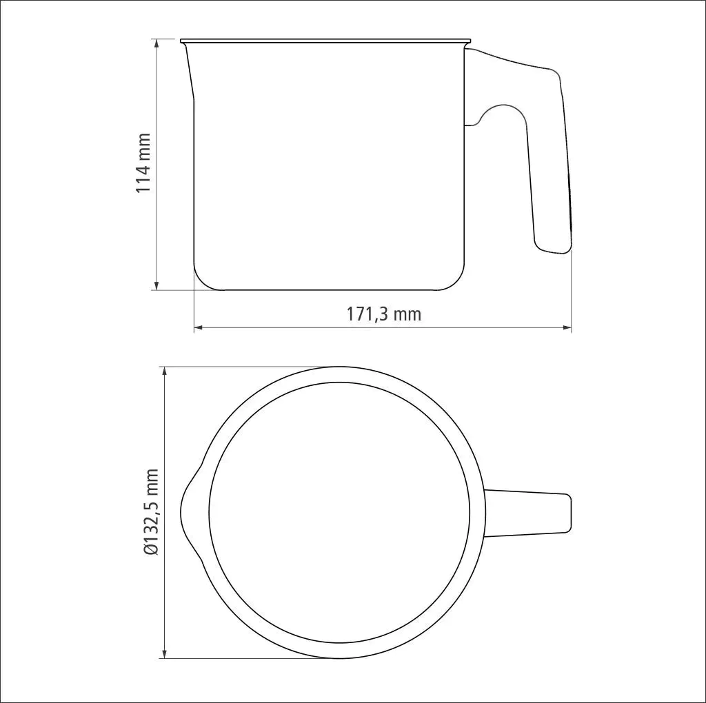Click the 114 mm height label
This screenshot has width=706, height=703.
[x=143, y=163]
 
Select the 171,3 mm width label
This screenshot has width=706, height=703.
[x=383, y=314]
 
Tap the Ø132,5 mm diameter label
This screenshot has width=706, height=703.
[x=152, y=511]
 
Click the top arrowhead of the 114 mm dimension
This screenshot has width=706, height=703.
[x=157, y=43]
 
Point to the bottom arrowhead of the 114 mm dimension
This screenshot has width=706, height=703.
[x=157, y=285]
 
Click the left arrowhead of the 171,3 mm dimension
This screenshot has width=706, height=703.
[x=199, y=327]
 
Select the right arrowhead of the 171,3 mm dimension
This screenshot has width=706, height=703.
[x=567, y=327]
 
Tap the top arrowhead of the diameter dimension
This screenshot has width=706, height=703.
[x=165, y=371]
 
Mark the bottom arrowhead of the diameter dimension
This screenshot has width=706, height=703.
[x=165, y=654]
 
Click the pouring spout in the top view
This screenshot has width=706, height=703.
[x=188, y=513]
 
